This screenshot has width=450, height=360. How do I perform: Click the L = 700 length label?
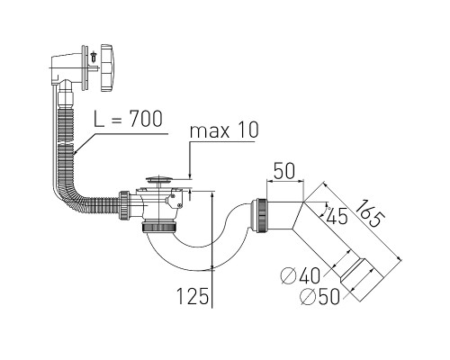coord(128,119)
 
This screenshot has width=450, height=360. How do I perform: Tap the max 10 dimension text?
coord(224,130)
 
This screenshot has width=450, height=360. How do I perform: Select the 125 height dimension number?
coord(193,296)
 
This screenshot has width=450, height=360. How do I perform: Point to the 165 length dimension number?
coord(370,213)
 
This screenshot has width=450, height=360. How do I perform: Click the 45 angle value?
coord(337,216)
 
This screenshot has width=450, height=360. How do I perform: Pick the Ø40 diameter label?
coord(301,275)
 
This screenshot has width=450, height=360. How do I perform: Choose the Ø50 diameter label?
coord(320,297)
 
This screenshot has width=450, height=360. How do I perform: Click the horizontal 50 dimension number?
coord(284,171)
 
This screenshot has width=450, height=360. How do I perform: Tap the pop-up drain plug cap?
coord(159,180)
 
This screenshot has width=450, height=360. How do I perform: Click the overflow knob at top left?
coord(107,67)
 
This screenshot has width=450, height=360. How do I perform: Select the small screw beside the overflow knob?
coord(94,57)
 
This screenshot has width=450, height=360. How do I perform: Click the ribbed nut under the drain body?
coord(160,226)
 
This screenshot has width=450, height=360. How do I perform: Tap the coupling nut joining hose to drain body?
coord(124,205)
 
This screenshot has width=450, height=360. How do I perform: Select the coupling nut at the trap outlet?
coord(260,215)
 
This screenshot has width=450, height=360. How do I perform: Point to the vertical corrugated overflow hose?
coord(66,141)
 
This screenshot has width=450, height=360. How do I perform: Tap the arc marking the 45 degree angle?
coord(325,211)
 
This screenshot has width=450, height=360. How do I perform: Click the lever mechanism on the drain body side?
coord(175,200)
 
